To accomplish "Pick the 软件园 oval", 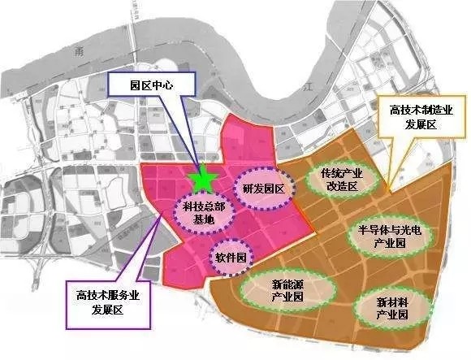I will click(230, 257).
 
